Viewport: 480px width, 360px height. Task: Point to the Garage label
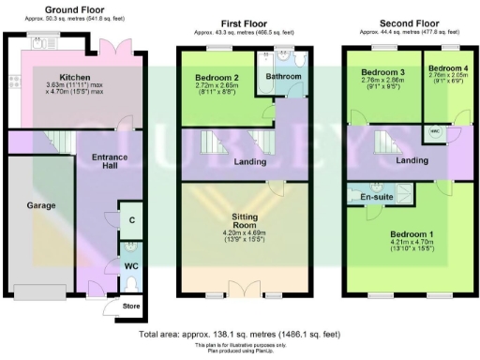[40, 205]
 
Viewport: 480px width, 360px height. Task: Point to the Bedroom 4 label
[444, 69]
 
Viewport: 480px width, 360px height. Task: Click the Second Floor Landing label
[412, 161]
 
